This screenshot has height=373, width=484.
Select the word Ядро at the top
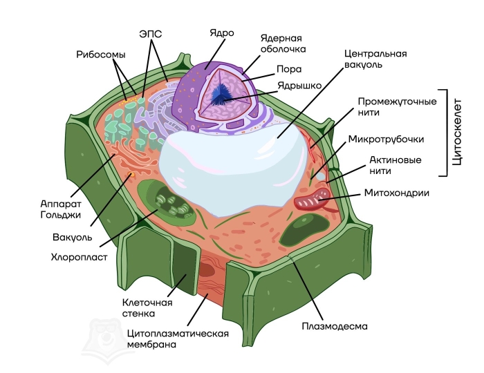222,32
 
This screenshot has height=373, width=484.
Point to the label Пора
288,69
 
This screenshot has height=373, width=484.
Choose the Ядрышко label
299,86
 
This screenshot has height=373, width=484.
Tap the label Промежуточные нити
397,108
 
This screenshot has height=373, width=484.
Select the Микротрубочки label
386,139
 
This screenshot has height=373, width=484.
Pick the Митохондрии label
396,193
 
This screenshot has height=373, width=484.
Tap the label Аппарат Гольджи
61,209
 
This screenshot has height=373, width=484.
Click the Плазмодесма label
335,325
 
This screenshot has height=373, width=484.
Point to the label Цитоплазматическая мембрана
178,338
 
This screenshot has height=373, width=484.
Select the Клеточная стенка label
147,307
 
